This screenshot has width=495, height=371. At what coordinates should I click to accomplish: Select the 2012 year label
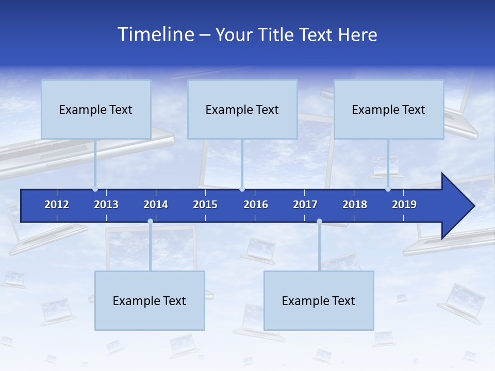coord(57,205)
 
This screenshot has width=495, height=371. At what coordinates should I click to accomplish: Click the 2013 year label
coord(106,205)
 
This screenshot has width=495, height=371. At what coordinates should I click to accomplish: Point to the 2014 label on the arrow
coord(156,205)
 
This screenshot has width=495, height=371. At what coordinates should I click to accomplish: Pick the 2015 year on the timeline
coord(205,205)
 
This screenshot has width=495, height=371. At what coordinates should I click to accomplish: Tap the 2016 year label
coord(256,205)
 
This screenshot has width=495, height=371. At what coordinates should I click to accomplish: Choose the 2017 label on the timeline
coord(305,205)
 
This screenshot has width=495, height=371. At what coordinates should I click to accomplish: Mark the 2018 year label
coord(355,205)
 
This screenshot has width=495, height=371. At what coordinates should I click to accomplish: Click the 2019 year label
coord(404,205)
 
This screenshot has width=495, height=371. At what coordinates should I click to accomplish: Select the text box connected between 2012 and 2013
coord(96,109)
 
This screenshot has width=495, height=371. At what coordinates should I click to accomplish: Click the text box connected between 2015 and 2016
coord(242,109)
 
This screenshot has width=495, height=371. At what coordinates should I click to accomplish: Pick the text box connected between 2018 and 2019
coord(389,109)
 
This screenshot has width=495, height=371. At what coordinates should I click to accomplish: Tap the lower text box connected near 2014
coord(150,300)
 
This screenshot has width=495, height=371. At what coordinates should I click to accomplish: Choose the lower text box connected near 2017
coord(319,300)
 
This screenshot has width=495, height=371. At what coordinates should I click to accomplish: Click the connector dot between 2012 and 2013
coord(95,189)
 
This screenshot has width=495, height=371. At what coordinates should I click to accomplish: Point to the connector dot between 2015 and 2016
coord(242,189)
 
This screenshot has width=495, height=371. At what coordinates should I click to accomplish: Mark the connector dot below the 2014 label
coord(150,222)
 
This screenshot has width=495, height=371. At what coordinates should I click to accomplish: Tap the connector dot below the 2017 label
coord(319,222)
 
